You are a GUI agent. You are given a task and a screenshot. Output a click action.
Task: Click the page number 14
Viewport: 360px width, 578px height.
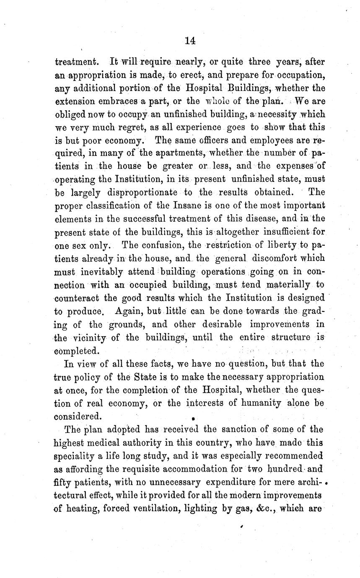(x=190, y=41)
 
